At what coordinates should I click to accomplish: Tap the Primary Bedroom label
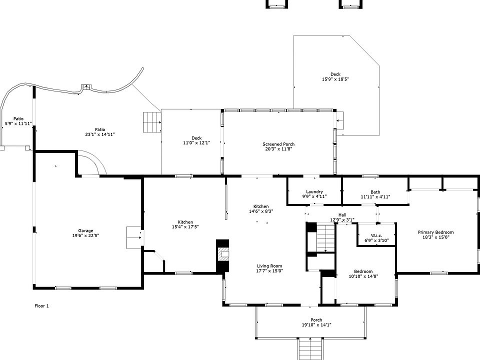435,232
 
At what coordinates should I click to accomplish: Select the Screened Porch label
278,144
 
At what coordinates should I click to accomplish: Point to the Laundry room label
314,191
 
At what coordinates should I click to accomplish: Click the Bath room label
375,192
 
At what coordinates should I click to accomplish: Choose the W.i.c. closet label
376,235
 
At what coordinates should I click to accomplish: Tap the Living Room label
270,266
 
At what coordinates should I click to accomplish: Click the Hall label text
342,215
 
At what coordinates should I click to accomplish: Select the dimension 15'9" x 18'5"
335,79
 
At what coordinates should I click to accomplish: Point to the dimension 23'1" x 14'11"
100,134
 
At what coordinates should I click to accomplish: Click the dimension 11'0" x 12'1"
196,142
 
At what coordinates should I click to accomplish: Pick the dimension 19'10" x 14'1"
316,325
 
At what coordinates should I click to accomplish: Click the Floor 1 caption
42,305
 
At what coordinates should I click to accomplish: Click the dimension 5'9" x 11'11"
18,123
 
